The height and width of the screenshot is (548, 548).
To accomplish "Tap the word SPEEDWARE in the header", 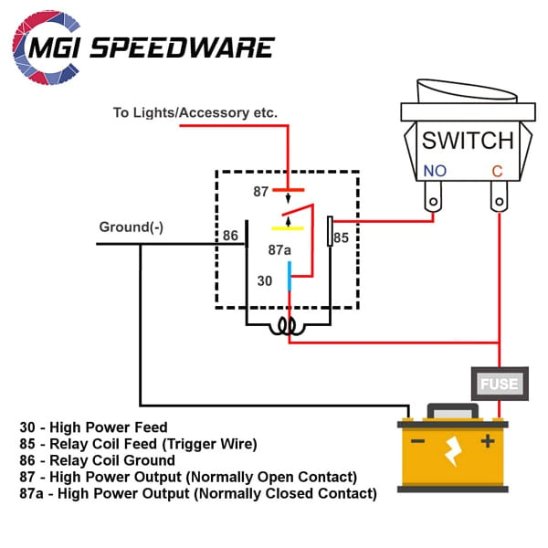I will click(199, 47).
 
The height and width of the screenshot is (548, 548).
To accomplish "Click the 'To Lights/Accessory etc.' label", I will click(195, 113).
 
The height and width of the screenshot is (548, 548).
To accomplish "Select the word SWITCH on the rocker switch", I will click(467, 141).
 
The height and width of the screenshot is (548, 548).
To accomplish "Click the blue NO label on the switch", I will click(434, 171).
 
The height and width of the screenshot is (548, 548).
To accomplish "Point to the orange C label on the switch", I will click(497, 171).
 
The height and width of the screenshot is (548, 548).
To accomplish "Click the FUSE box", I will click(500, 384).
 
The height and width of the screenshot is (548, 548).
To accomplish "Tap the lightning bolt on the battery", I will click(451, 449).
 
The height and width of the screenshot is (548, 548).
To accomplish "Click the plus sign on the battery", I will click(488, 441).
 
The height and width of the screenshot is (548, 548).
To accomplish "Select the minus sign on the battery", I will click(417, 441).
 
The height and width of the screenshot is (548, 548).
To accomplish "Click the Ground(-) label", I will click(131, 227).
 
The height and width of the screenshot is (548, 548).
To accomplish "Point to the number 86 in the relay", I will click(230, 236).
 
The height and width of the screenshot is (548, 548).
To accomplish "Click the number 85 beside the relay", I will click(341, 237).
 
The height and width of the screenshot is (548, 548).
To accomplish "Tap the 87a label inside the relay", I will click(279, 249).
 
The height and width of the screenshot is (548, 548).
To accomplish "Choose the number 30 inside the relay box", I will click(264, 281).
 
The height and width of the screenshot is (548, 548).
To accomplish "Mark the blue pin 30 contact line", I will click(290, 275).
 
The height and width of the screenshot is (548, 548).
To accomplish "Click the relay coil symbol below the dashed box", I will click(290, 325).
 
